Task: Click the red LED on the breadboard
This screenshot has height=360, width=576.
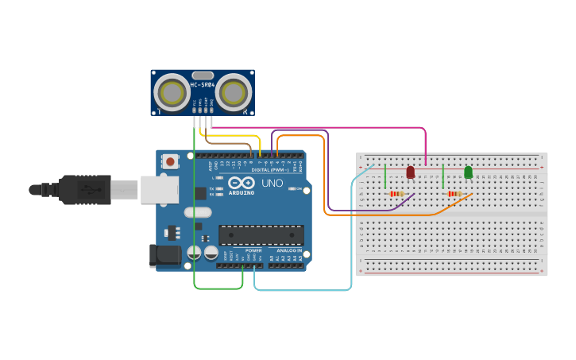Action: (411, 172)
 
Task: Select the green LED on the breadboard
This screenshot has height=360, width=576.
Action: (468, 172)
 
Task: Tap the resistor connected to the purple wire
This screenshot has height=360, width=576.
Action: (396, 193)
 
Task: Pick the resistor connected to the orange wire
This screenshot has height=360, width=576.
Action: (454, 193)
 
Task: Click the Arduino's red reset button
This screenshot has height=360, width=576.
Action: (170, 161)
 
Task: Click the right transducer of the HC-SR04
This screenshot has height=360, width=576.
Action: (233, 93)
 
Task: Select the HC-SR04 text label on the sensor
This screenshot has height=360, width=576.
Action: (203, 84)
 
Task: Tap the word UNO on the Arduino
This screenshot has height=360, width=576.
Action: (272, 183)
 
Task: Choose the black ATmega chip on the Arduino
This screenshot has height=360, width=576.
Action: (261, 235)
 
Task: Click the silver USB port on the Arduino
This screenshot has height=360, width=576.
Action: (159, 190)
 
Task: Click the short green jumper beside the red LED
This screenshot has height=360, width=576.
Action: (385, 176)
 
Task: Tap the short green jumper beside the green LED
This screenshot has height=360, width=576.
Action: (443, 176)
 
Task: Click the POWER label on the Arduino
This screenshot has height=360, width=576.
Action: (253, 250)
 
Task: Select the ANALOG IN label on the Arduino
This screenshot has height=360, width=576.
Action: (288, 250)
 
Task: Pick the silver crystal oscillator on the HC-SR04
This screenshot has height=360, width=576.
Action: (203, 75)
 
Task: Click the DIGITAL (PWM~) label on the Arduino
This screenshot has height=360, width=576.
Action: (269, 169)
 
